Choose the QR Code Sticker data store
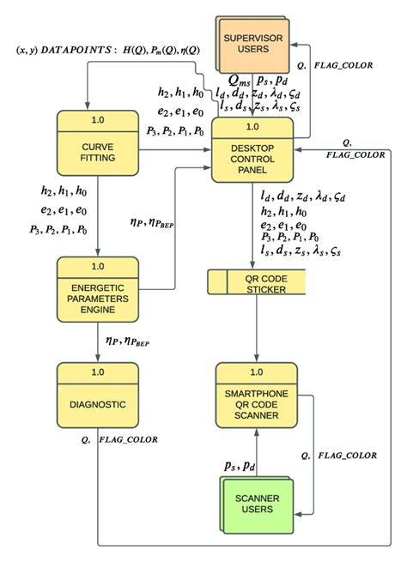[x=256, y=281]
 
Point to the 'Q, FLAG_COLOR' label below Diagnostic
[x=119, y=439]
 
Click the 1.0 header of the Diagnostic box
[x=97, y=372]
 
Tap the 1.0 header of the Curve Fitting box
[x=97, y=118]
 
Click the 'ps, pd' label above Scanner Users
[x=240, y=465]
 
